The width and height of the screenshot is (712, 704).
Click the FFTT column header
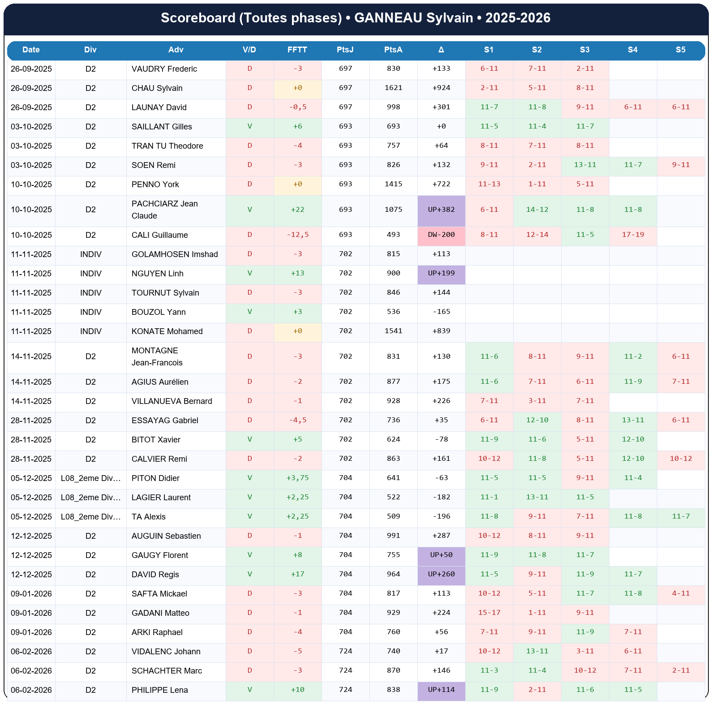[297, 50]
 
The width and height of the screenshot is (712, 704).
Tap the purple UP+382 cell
[441, 210]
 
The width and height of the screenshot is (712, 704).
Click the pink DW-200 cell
[441, 235]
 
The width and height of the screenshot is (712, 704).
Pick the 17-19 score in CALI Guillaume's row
[633, 235]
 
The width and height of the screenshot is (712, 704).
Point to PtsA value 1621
[393, 88]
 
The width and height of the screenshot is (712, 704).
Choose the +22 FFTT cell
[297, 210]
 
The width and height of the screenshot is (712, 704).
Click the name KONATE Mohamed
[167, 331]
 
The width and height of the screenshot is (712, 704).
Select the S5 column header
[680, 50]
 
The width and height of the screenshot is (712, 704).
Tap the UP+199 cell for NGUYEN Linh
[441, 274]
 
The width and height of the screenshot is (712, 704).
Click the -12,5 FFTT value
[297, 235]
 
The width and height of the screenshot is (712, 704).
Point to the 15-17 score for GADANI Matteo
[489, 613]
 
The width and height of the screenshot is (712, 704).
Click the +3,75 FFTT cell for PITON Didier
[297, 478]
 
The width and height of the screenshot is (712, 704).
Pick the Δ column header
[441, 50]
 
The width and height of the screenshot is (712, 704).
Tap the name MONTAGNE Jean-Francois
[157, 357]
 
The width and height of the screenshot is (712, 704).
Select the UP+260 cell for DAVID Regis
[441, 575]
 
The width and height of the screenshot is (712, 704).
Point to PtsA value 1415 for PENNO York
[393, 185]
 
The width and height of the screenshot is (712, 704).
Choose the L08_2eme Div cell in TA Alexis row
[91, 517]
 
